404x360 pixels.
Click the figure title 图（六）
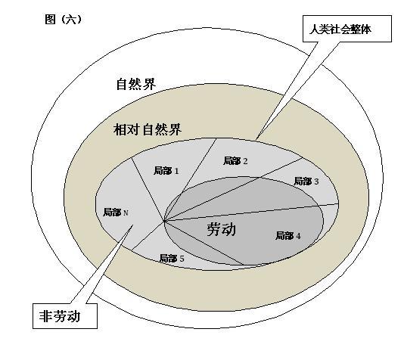pos(63,20)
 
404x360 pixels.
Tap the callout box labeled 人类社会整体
pos(347,28)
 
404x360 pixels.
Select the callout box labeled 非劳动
pos(65,315)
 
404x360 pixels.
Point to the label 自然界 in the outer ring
pos(136,84)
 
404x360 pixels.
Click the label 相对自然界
pos(148,129)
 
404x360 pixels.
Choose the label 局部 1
pos(166,170)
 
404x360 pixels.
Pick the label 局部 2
pos(235,161)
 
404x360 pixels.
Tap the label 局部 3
pos(306,182)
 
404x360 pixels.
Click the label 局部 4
pos(287,236)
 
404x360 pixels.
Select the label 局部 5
pos(172,258)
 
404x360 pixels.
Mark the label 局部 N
pos(116,213)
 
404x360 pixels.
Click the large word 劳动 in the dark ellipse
pos(222,229)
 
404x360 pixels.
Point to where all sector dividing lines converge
pos(164,221)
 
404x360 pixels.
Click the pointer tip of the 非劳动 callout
pos(132,225)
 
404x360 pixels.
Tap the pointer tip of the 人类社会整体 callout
pos(256,139)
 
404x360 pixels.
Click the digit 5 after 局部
pos(182,259)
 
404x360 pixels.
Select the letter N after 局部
pos(126,213)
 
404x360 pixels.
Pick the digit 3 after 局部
pos(316,182)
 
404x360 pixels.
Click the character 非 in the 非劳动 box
pos(45,316)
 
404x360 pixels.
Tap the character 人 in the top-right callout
pos(314,29)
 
